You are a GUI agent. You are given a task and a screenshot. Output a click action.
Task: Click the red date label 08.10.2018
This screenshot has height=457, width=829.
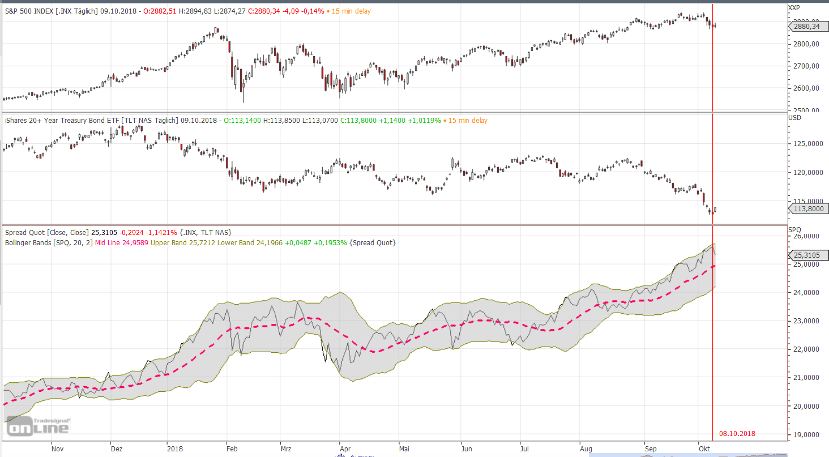pos(737,434)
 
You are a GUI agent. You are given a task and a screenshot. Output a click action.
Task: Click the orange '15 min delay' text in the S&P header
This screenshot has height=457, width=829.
pos(351,11)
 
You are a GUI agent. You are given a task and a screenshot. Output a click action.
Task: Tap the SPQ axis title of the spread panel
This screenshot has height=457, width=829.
pos(795,229)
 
